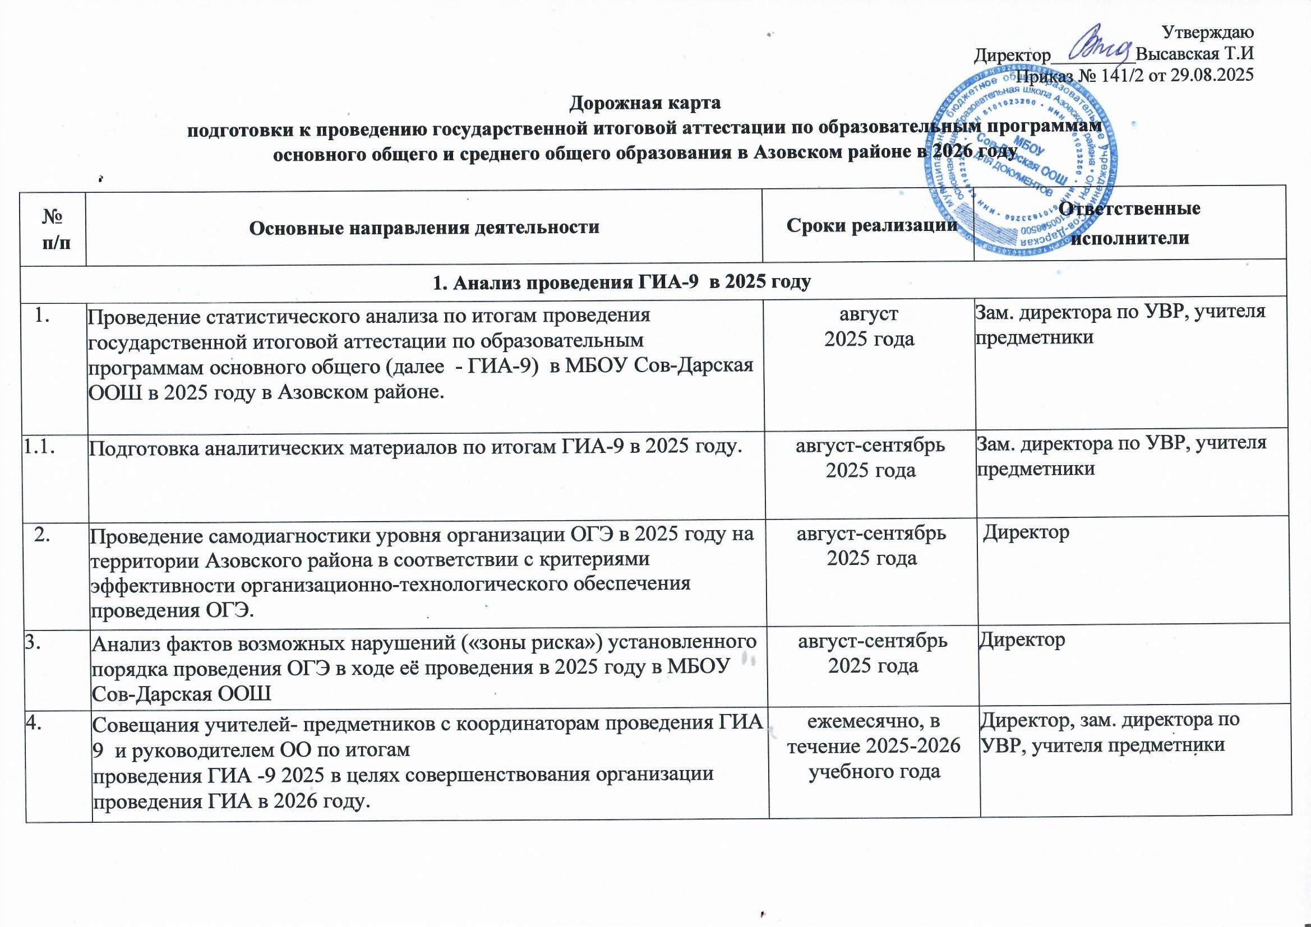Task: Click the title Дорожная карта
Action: point(645,103)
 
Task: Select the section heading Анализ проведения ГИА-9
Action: point(622,282)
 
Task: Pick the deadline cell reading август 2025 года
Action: point(869,326)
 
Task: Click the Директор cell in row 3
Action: point(1022,639)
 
